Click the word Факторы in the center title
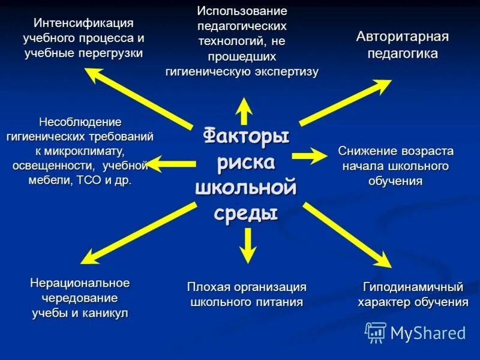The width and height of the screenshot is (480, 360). (246, 136)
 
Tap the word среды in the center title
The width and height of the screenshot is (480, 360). (246, 212)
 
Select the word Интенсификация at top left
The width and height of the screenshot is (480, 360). (83, 23)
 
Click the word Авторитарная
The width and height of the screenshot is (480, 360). (403, 37)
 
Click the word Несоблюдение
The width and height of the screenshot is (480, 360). (80, 122)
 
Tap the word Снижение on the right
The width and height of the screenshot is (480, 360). (364, 151)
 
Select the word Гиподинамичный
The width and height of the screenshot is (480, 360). (413, 286)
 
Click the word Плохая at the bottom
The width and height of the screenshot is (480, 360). (208, 287)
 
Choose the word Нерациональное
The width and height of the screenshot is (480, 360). (80, 282)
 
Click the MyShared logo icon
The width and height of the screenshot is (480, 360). (376, 332)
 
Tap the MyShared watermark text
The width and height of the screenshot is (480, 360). (428, 332)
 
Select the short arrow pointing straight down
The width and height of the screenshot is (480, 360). (245, 246)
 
